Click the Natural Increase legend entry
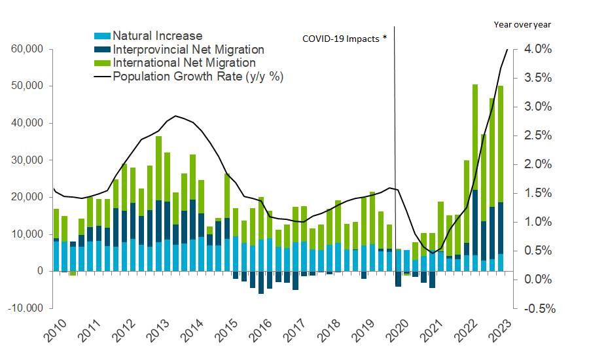157,36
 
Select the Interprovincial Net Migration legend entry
188,50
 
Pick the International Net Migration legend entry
184,63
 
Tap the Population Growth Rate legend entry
198,77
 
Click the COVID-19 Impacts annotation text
344,39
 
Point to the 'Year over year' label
522,25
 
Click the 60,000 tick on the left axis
26,49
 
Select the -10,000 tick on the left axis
24,308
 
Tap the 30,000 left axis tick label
26,160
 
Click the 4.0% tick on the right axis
539,49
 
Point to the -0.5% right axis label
537,308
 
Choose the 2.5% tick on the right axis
539,135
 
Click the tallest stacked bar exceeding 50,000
474,177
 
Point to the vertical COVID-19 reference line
395,164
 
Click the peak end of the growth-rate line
507,50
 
